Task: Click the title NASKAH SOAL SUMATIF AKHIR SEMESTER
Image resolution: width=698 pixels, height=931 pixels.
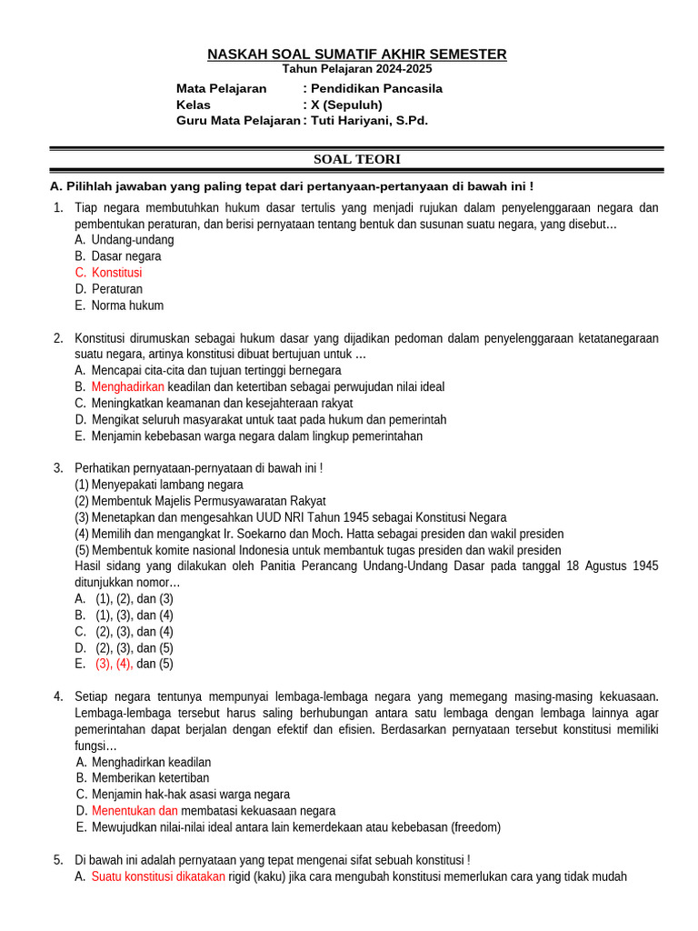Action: pos(356,55)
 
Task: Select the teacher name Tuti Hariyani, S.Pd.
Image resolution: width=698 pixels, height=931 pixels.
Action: pos(369,120)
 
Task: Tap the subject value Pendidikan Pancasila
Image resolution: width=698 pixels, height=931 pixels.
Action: pos(376,88)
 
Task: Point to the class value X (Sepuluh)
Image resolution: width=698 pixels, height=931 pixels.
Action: pos(346,105)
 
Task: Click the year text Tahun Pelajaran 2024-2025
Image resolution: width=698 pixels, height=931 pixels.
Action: pos(356,69)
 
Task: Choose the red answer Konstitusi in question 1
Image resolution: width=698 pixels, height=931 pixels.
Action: pos(116,273)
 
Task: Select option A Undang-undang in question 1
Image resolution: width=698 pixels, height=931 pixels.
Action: pos(133,240)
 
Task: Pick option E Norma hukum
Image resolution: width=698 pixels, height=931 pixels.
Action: pos(127,305)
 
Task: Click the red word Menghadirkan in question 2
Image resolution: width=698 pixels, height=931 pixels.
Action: pos(127,386)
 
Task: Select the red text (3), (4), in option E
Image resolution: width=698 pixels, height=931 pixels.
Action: pos(115,664)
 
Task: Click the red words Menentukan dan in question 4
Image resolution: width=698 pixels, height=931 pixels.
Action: pos(135,810)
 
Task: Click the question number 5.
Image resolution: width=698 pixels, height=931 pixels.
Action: pos(57,859)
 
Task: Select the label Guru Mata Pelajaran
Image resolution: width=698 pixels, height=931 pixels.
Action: pos(237,120)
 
